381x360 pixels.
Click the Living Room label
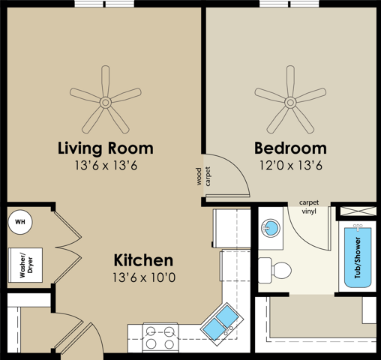[106, 148]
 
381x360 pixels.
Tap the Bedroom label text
[290, 148]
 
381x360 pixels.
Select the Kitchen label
[143, 260]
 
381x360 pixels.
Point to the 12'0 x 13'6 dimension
[291, 165]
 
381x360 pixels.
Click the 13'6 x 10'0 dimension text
[144, 277]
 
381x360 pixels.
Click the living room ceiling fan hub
[106, 103]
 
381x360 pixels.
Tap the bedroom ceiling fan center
[290, 102]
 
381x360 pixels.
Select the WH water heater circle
[20, 222]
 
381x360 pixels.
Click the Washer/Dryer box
[25, 265]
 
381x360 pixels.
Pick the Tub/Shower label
[358, 258]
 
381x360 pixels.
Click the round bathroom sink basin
[271, 228]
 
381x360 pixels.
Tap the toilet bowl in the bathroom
[282, 270]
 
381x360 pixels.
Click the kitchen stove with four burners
[160, 337]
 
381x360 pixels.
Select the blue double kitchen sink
[221, 323]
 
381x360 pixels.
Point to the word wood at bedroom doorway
[199, 176]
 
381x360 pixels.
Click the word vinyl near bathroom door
[309, 211]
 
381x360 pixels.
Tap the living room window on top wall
[104, 4]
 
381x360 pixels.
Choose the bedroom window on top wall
[289, 4]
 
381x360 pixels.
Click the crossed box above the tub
[358, 211]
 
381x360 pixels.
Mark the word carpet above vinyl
[309, 202]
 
